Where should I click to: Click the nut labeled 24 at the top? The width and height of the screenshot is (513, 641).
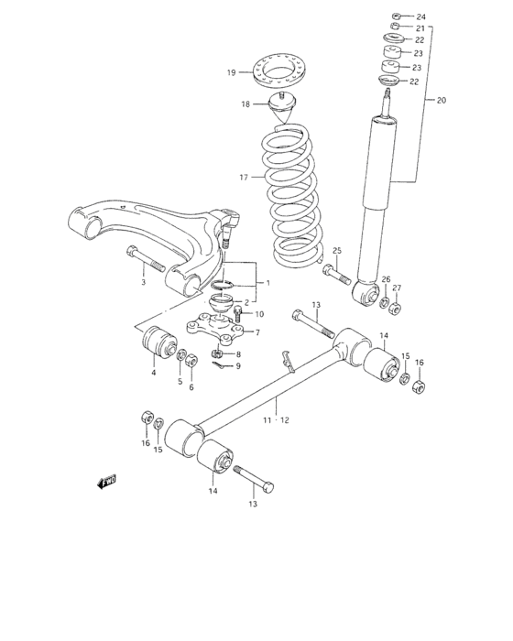(395, 16)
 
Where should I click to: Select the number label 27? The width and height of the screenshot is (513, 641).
(397, 288)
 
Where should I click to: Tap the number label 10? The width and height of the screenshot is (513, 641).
(259, 314)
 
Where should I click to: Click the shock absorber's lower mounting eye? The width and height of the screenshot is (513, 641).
(366, 293)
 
